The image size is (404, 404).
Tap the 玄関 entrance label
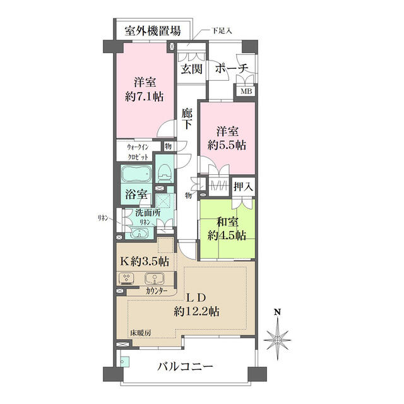[191, 68]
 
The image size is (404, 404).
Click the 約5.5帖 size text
[228, 145]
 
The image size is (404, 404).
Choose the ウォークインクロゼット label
[134, 151]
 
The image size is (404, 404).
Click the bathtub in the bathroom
[135, 175]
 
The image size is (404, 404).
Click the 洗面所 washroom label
[146, 213]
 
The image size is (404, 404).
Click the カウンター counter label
[156, 291]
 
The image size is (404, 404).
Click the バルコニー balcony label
[185, 367]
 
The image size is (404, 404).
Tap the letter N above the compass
[276, 312]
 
